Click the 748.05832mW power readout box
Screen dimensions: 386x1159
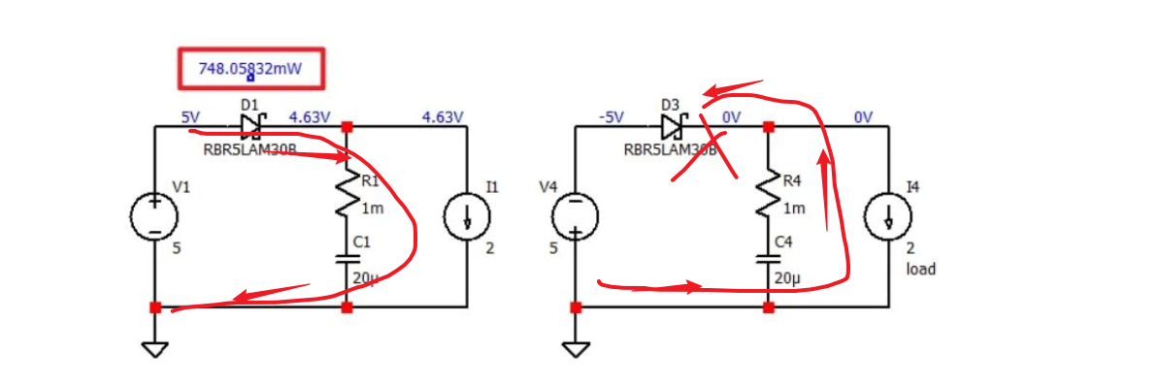pyautogui.click(x=249, y=69)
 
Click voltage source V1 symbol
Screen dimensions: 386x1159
pyautogui.click(x=154, y=216)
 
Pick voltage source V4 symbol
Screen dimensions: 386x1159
pyautogui.click(x=575, y=216)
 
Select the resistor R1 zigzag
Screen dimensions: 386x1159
pyautogui.click(x=348, y=194)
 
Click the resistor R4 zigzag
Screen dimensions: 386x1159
pyautogui.click(x=768, y=194)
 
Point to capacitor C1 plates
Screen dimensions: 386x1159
pyautogui.click(x=348, y=259)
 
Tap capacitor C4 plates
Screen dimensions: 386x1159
pyautogui.click(x=768, y=259)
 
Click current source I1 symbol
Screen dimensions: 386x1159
pyautogui.click(x=467, y=216)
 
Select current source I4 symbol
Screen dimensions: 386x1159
pyautogui.click(x=888, y=216)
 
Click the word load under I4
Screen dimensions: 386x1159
pyautogui.click(x=920, y=269)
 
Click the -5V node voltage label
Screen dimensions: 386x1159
pyautogui.click(x=611, y=116)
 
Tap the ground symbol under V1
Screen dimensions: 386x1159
pyautogui.click(x=154, y=348)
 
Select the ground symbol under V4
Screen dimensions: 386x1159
pyautogui.click(x=575, y=348)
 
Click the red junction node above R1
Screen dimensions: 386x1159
pyautogui.click(x=348, y=126)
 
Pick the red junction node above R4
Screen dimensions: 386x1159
pyautogui.click(x=768, y=126)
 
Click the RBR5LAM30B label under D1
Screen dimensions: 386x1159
pyautogui.click(x=249, y=149)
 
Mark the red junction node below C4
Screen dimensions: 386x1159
pyautogui.click(x=768, y=307)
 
